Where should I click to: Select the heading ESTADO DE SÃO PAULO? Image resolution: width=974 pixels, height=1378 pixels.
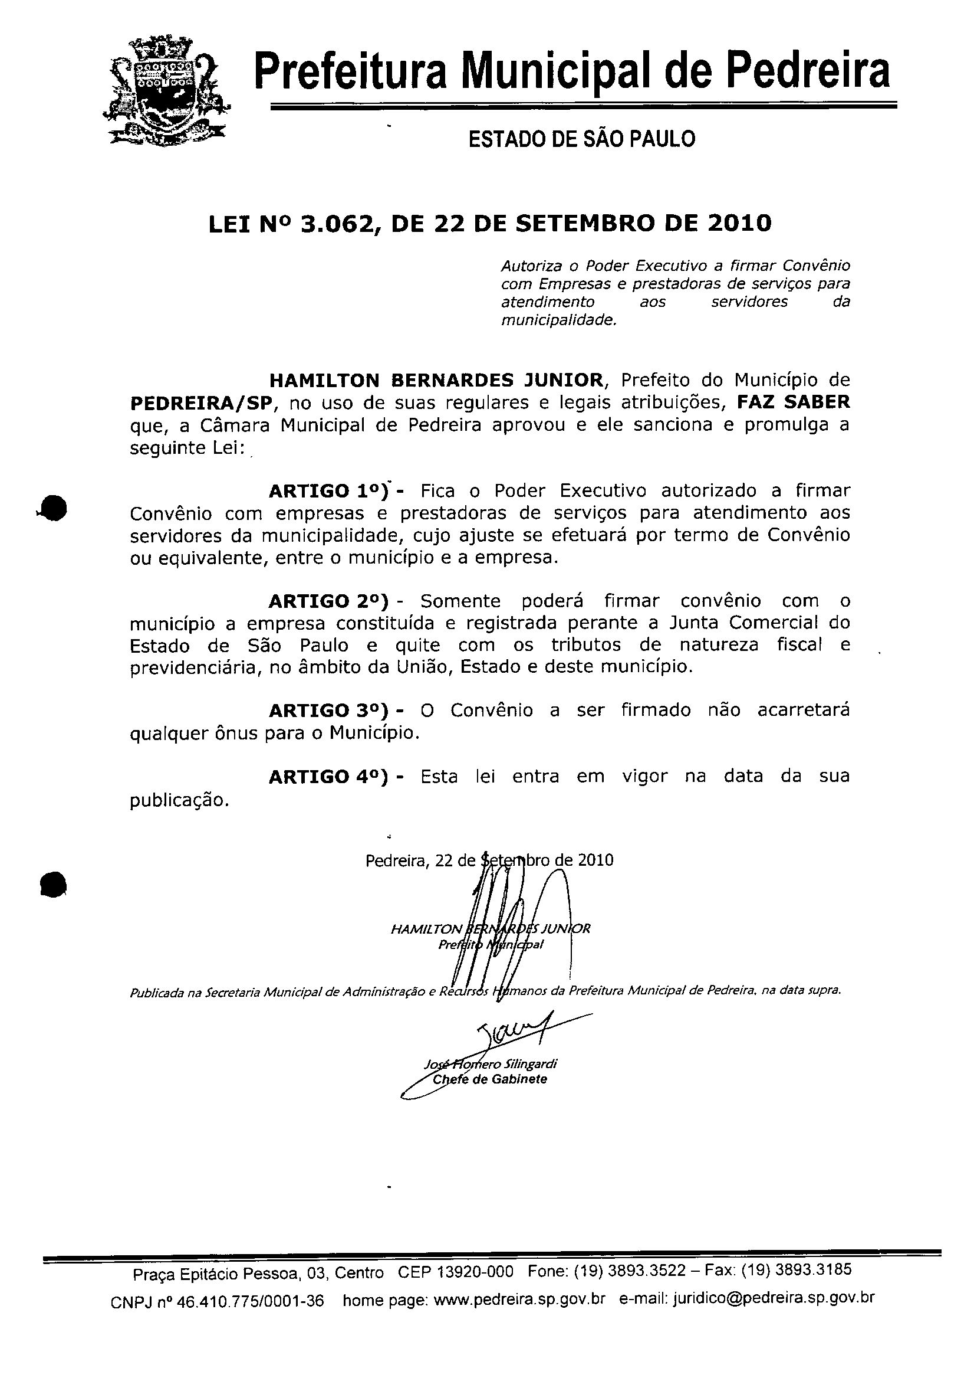tap(581, 139)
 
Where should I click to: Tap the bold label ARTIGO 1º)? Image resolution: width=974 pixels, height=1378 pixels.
tap(329, 491)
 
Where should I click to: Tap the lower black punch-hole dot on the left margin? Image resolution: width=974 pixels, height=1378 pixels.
tap(54, 884)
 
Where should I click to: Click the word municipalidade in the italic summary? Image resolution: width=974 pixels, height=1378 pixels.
tap(558, 320)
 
